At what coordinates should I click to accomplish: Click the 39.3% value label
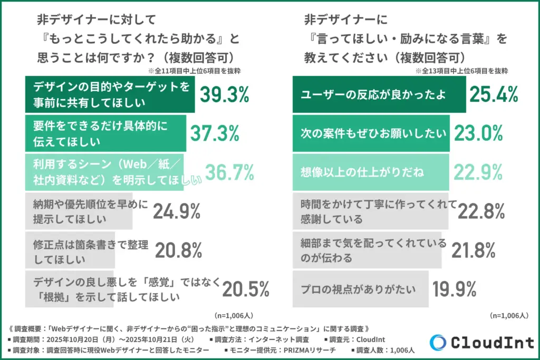pyautogui.click(x=224, y=95)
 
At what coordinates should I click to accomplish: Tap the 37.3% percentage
pyautogui.click(x=215, y=134)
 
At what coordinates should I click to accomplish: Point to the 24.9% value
pyautogui.click(x=177, y=211)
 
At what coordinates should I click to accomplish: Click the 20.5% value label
pyautogui.click(x=246, y=288)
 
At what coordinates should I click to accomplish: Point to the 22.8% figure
pyautogui.click(x=481, y=211)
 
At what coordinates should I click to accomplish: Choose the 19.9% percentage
pyautogui.click(x=455, y=288)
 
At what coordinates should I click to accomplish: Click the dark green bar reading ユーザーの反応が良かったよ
pyautogui.click(x=379, y=95)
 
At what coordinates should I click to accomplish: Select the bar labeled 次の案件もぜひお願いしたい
pyautogui.click(x=371, y=134)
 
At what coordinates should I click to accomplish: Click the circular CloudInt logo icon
pyautogui.click(x=438, y=342)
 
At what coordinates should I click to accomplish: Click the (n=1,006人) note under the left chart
pyautogui.click(x=234, y=315)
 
